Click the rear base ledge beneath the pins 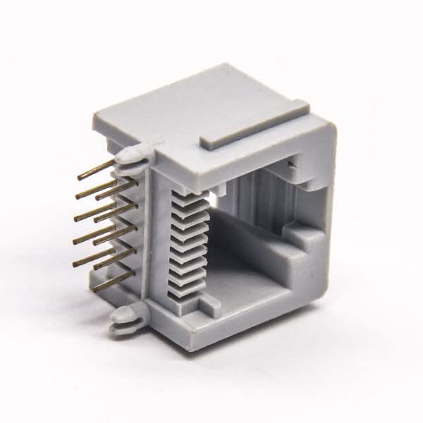pos(106,282)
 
